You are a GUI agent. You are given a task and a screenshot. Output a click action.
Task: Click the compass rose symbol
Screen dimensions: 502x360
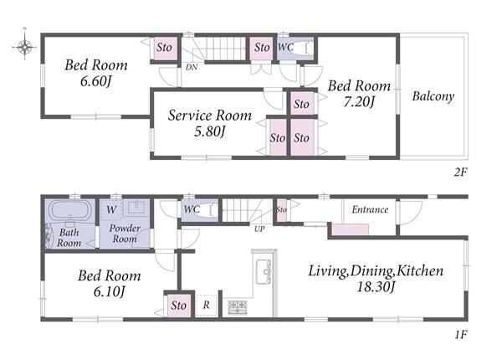(24, 47)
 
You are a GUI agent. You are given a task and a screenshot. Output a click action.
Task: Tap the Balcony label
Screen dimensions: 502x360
(433, 96)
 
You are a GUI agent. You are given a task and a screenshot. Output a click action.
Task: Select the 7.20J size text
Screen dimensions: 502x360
(359, 102)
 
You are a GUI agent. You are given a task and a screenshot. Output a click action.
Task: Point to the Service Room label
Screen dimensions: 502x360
(210, 116)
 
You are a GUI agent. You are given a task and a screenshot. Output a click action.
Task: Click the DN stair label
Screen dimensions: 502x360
(192, 67)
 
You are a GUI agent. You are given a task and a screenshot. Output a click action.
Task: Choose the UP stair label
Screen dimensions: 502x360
(259, 229)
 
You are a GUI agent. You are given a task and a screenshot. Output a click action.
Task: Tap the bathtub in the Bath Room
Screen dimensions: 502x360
(70, 210)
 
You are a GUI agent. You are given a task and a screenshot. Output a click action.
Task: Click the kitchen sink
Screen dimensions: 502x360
(264, 271)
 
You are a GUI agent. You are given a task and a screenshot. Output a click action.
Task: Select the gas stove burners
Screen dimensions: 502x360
(238, 306)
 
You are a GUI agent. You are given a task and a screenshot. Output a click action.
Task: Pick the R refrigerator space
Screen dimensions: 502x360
(206, 305)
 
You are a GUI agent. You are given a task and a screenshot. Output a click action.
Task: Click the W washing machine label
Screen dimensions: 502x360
(111, 210)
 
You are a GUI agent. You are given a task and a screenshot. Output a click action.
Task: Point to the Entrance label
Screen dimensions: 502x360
(370, 209)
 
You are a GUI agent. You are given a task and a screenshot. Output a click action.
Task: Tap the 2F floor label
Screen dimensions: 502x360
(460, 172)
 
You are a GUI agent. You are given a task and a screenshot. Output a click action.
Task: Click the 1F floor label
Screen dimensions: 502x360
(461, 335)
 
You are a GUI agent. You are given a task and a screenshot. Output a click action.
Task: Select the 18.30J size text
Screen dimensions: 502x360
(375, 286)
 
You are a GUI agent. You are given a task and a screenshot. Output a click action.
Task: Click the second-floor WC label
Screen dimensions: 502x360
(285, 48)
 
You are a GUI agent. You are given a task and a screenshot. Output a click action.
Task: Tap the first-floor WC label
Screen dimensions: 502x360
(192, 209)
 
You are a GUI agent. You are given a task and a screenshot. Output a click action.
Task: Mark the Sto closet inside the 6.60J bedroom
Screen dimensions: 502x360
(164, 48)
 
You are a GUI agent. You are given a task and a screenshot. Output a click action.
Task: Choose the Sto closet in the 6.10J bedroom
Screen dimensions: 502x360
(178, 306)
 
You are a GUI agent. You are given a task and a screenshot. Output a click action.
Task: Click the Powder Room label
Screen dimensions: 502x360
(125, 234)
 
